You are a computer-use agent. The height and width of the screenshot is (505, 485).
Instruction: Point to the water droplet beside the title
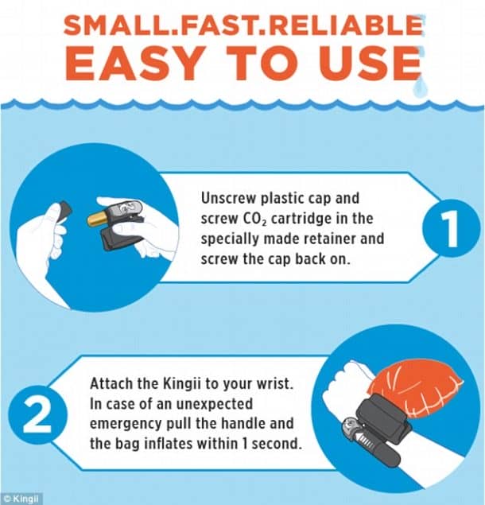(x=420, y=87)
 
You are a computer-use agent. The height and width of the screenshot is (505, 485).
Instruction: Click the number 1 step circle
(x=451, y=228)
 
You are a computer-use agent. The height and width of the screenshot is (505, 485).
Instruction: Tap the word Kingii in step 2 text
(x=181, y=384)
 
